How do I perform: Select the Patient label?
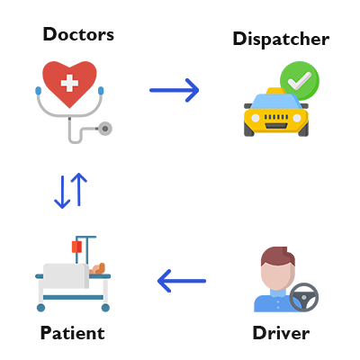72,333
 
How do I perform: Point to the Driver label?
281,333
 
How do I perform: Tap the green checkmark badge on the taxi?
298,80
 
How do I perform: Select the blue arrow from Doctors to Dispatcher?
174,90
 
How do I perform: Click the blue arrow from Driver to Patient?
181,282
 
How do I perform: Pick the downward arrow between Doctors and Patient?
62,191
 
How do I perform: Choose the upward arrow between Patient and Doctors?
79,189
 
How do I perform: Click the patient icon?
73,274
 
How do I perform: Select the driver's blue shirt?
270,300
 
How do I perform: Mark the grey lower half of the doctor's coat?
74,126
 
